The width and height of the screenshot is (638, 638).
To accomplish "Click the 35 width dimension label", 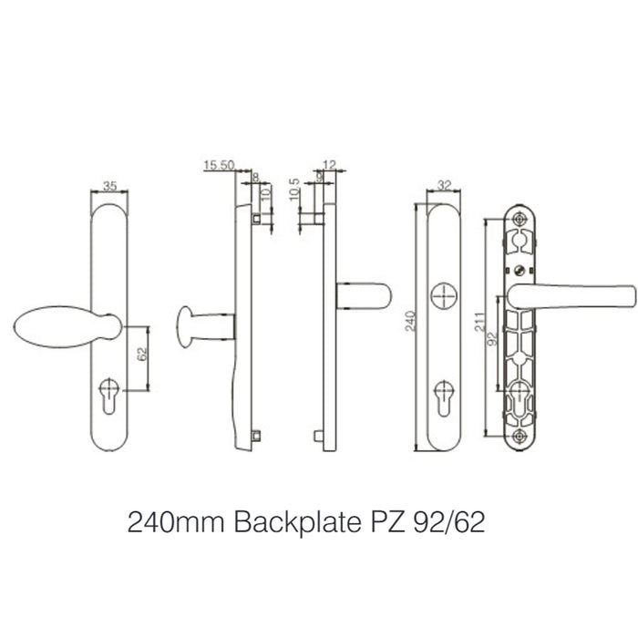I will [110, 186].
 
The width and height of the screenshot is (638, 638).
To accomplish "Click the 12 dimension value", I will [329, 165].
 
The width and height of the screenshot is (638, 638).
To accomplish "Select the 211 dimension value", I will [479, 324].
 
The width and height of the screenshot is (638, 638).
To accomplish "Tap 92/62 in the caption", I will [453, 525].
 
